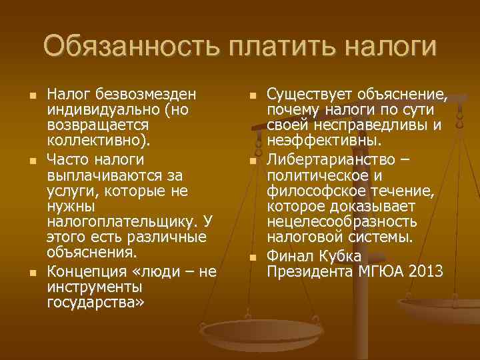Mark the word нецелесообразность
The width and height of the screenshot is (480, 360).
[x=342, y=221]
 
